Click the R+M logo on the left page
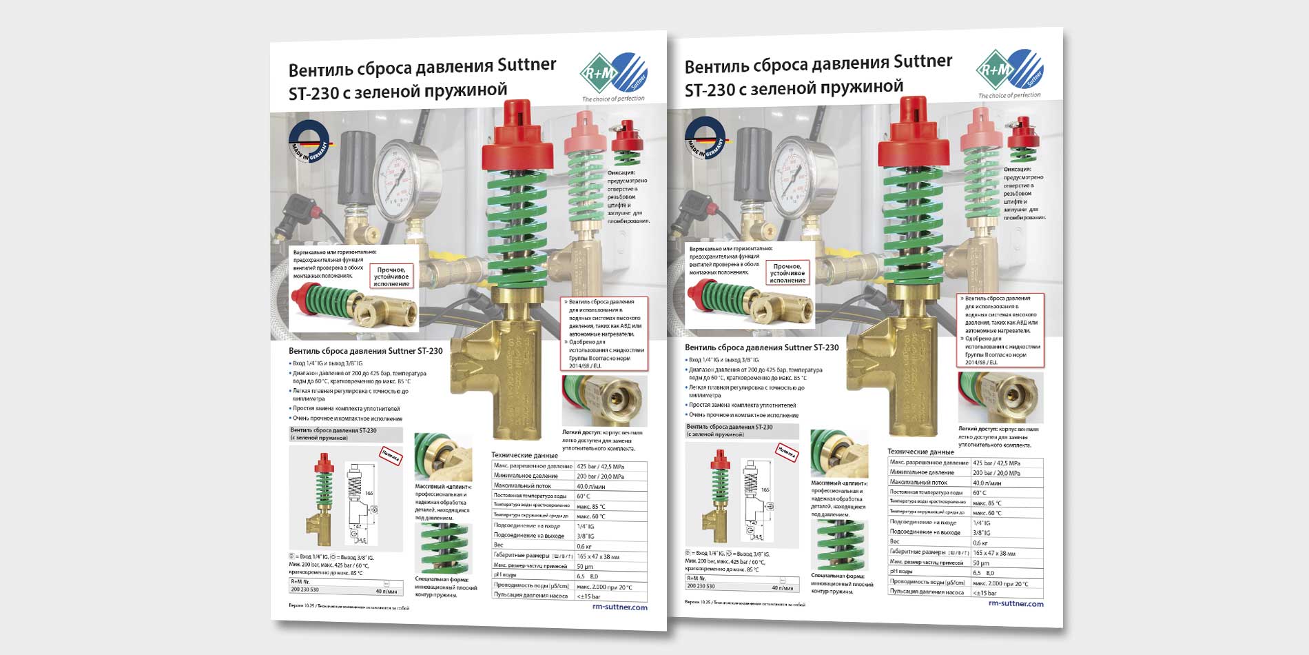(612, 74)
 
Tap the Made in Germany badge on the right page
(705, 139)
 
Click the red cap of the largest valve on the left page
(518, 138)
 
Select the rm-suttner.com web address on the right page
(1016, 603)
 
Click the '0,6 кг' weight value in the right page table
(981, 543)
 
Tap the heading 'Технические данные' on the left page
(524, 455)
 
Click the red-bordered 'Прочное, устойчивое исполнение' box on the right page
(787, 273)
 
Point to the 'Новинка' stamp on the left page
(391, 455)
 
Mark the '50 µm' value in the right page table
(981, 563)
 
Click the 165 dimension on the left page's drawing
(369, 493)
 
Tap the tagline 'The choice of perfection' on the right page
(1009, 95)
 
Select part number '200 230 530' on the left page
(305, 589)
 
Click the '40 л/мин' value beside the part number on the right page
(782, 588)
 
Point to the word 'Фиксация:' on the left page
(621, 172)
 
